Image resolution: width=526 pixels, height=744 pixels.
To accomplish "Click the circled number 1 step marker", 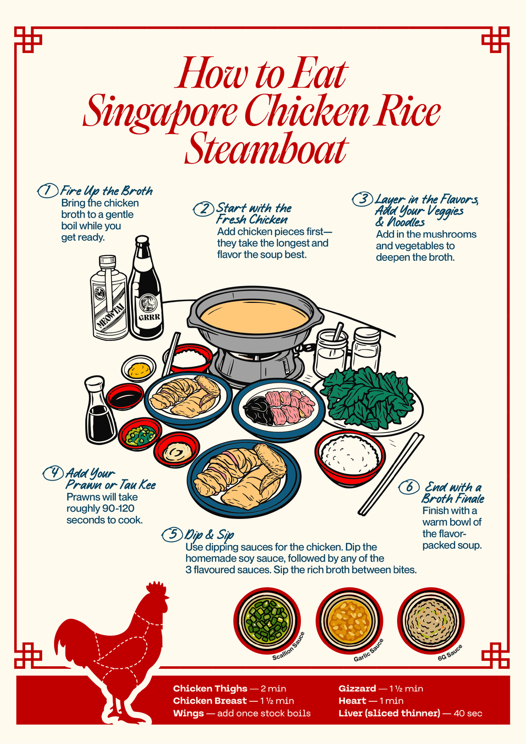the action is pyautogui.click(x=47, y=191).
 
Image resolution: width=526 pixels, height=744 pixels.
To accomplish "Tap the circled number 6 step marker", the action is pyautogui.click(x=409, y=487).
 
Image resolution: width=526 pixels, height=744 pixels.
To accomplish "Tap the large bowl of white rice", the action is pyautogui.click(x=350, y=458).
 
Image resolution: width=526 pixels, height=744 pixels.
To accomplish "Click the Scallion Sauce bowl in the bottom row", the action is pyautogui.click(x=267, y=620).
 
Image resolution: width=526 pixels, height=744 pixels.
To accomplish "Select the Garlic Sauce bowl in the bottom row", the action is pyautogui.click(x=349, y=620).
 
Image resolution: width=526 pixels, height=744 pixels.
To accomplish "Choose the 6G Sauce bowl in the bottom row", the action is pyautogui.click(x=431, y=620).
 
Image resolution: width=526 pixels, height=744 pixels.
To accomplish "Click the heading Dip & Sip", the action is pyautogui.click(x=209, y=535).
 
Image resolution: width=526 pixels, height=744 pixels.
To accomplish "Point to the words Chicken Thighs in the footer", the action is pyautogui.click(x=210, y=689).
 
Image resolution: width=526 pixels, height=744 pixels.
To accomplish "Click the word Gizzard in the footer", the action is pyautogui.click(x=357, y=689).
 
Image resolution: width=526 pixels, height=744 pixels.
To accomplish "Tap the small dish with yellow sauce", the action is pyautogui.click(x=138, y=369).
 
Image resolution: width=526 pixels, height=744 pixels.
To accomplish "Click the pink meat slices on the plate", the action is pyautogui.click(x=290, y=405).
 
